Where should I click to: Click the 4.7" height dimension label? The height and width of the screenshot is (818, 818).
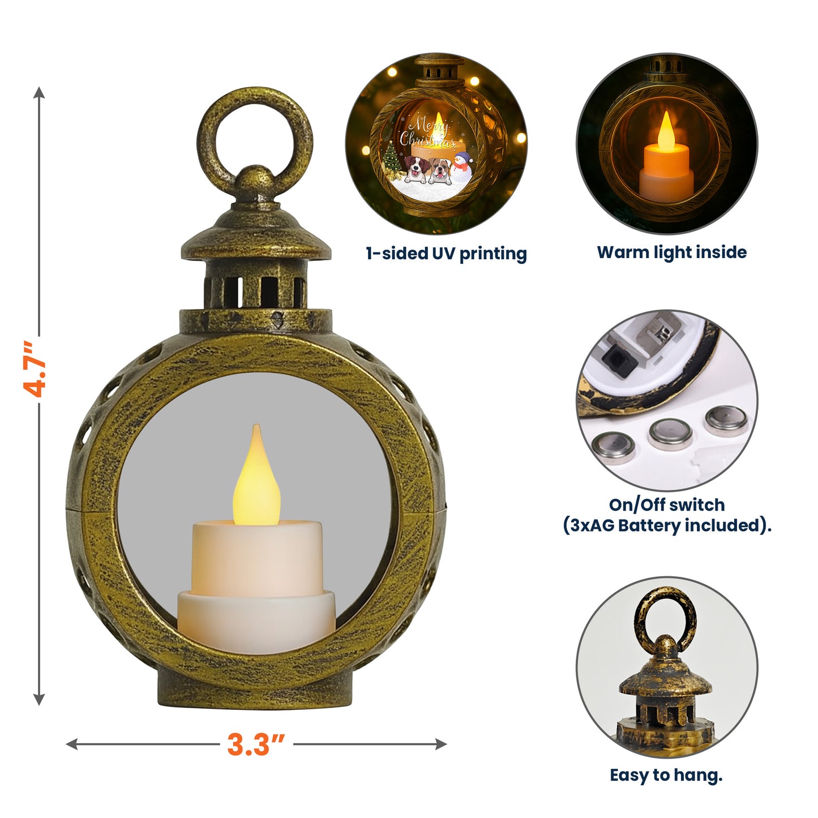point(35,369)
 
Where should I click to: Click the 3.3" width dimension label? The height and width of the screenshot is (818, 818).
point(256,744)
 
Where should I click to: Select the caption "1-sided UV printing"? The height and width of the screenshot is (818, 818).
point(446,253)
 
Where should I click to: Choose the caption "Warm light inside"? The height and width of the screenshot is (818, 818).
point(671,252)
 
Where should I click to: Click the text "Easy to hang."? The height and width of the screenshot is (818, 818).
point(666,775)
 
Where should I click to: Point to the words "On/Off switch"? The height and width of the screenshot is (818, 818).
point(666,504)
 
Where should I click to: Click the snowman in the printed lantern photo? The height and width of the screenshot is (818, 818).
point(463,167)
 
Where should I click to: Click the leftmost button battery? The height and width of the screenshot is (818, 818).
point(613,448)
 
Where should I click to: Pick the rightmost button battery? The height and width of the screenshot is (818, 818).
point(726,420)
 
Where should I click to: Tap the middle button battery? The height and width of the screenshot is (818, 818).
point(671,434)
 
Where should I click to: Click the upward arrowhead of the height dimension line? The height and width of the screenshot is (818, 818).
point(38,93)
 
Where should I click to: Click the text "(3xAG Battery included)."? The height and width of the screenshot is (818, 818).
point(666,525)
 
